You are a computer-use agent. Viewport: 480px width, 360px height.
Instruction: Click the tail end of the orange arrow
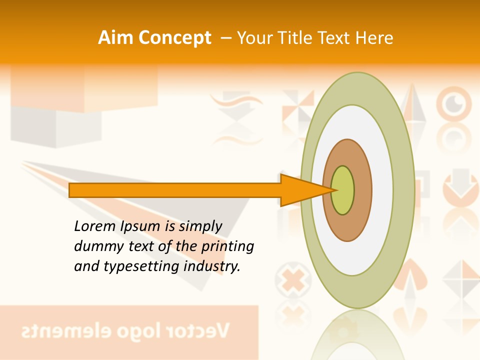[x=71, y=190]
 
